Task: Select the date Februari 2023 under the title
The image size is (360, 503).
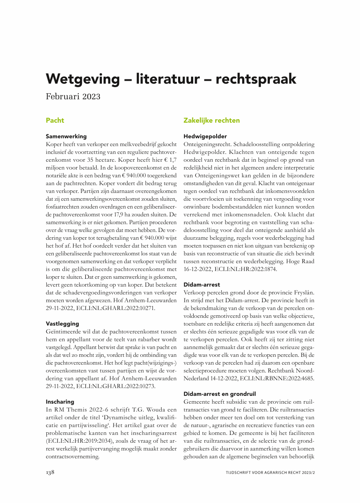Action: click(73, 96)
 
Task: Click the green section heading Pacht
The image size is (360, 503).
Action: click(55, 120)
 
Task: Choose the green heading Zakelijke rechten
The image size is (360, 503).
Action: click(211, 120)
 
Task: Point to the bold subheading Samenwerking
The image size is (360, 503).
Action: click(66, 136)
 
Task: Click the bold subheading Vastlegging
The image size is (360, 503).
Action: click(62, 323)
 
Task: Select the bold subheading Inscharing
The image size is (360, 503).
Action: click(60, 402)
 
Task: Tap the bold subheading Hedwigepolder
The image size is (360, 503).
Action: click(205, 136)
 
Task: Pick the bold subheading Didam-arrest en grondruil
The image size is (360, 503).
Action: click(220, 394)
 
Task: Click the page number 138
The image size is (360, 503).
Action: click(50, 472)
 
